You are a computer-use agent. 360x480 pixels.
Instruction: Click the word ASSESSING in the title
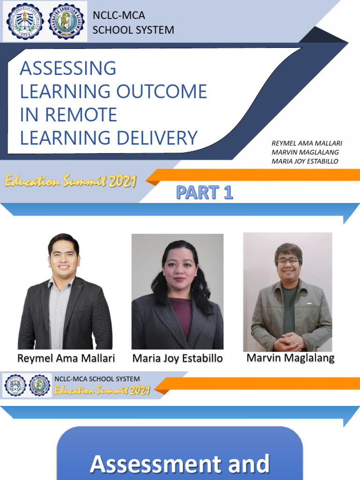coord(68,68)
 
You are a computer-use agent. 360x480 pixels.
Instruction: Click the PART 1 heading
coord(204,192)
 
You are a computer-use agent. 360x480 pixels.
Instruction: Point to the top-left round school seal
coord(25,21)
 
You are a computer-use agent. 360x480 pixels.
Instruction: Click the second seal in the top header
coord(67,21)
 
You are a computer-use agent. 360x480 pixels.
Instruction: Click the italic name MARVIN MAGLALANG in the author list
coord(305,152)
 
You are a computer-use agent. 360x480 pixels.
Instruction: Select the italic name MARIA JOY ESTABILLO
coord(305,161)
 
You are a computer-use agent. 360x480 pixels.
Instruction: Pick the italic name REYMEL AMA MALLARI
coord(307,143)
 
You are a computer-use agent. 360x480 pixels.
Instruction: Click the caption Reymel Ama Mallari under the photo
coord(66,359)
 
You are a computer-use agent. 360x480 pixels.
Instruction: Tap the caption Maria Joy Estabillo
coord(178,359)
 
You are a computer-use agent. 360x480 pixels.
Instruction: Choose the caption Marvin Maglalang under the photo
coord(291,358)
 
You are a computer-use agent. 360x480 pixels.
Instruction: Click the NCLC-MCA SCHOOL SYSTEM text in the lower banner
coord(97,379)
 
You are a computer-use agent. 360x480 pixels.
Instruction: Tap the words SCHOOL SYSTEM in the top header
coord(133,30)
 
